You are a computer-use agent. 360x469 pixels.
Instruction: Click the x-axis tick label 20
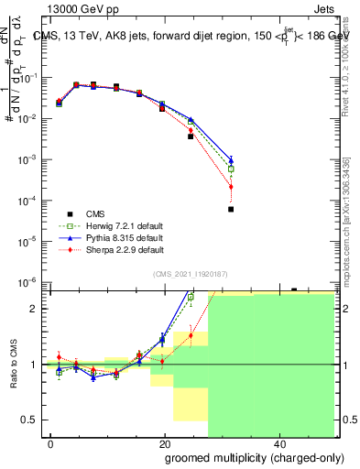click(165, 443)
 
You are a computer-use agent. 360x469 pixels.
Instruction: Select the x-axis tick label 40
click(279, 443)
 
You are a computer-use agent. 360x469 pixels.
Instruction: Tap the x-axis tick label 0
click(51, 443)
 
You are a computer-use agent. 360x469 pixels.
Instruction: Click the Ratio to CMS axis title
click(13, 364)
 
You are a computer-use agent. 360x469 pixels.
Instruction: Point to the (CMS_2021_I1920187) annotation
click(191, 274)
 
